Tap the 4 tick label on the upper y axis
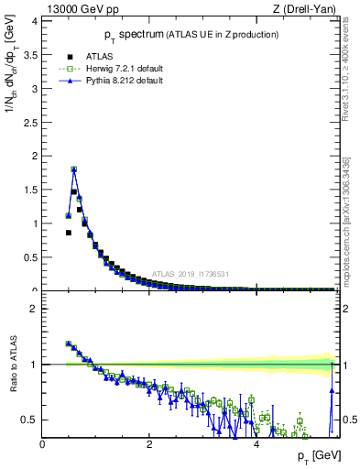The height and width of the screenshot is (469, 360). coord(34,21)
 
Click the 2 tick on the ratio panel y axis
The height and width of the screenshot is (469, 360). coord(34,309)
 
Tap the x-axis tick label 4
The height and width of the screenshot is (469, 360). coord(256,445)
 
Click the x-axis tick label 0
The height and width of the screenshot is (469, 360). coord(43,445)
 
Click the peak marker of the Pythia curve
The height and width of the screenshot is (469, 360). coord(74,169)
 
